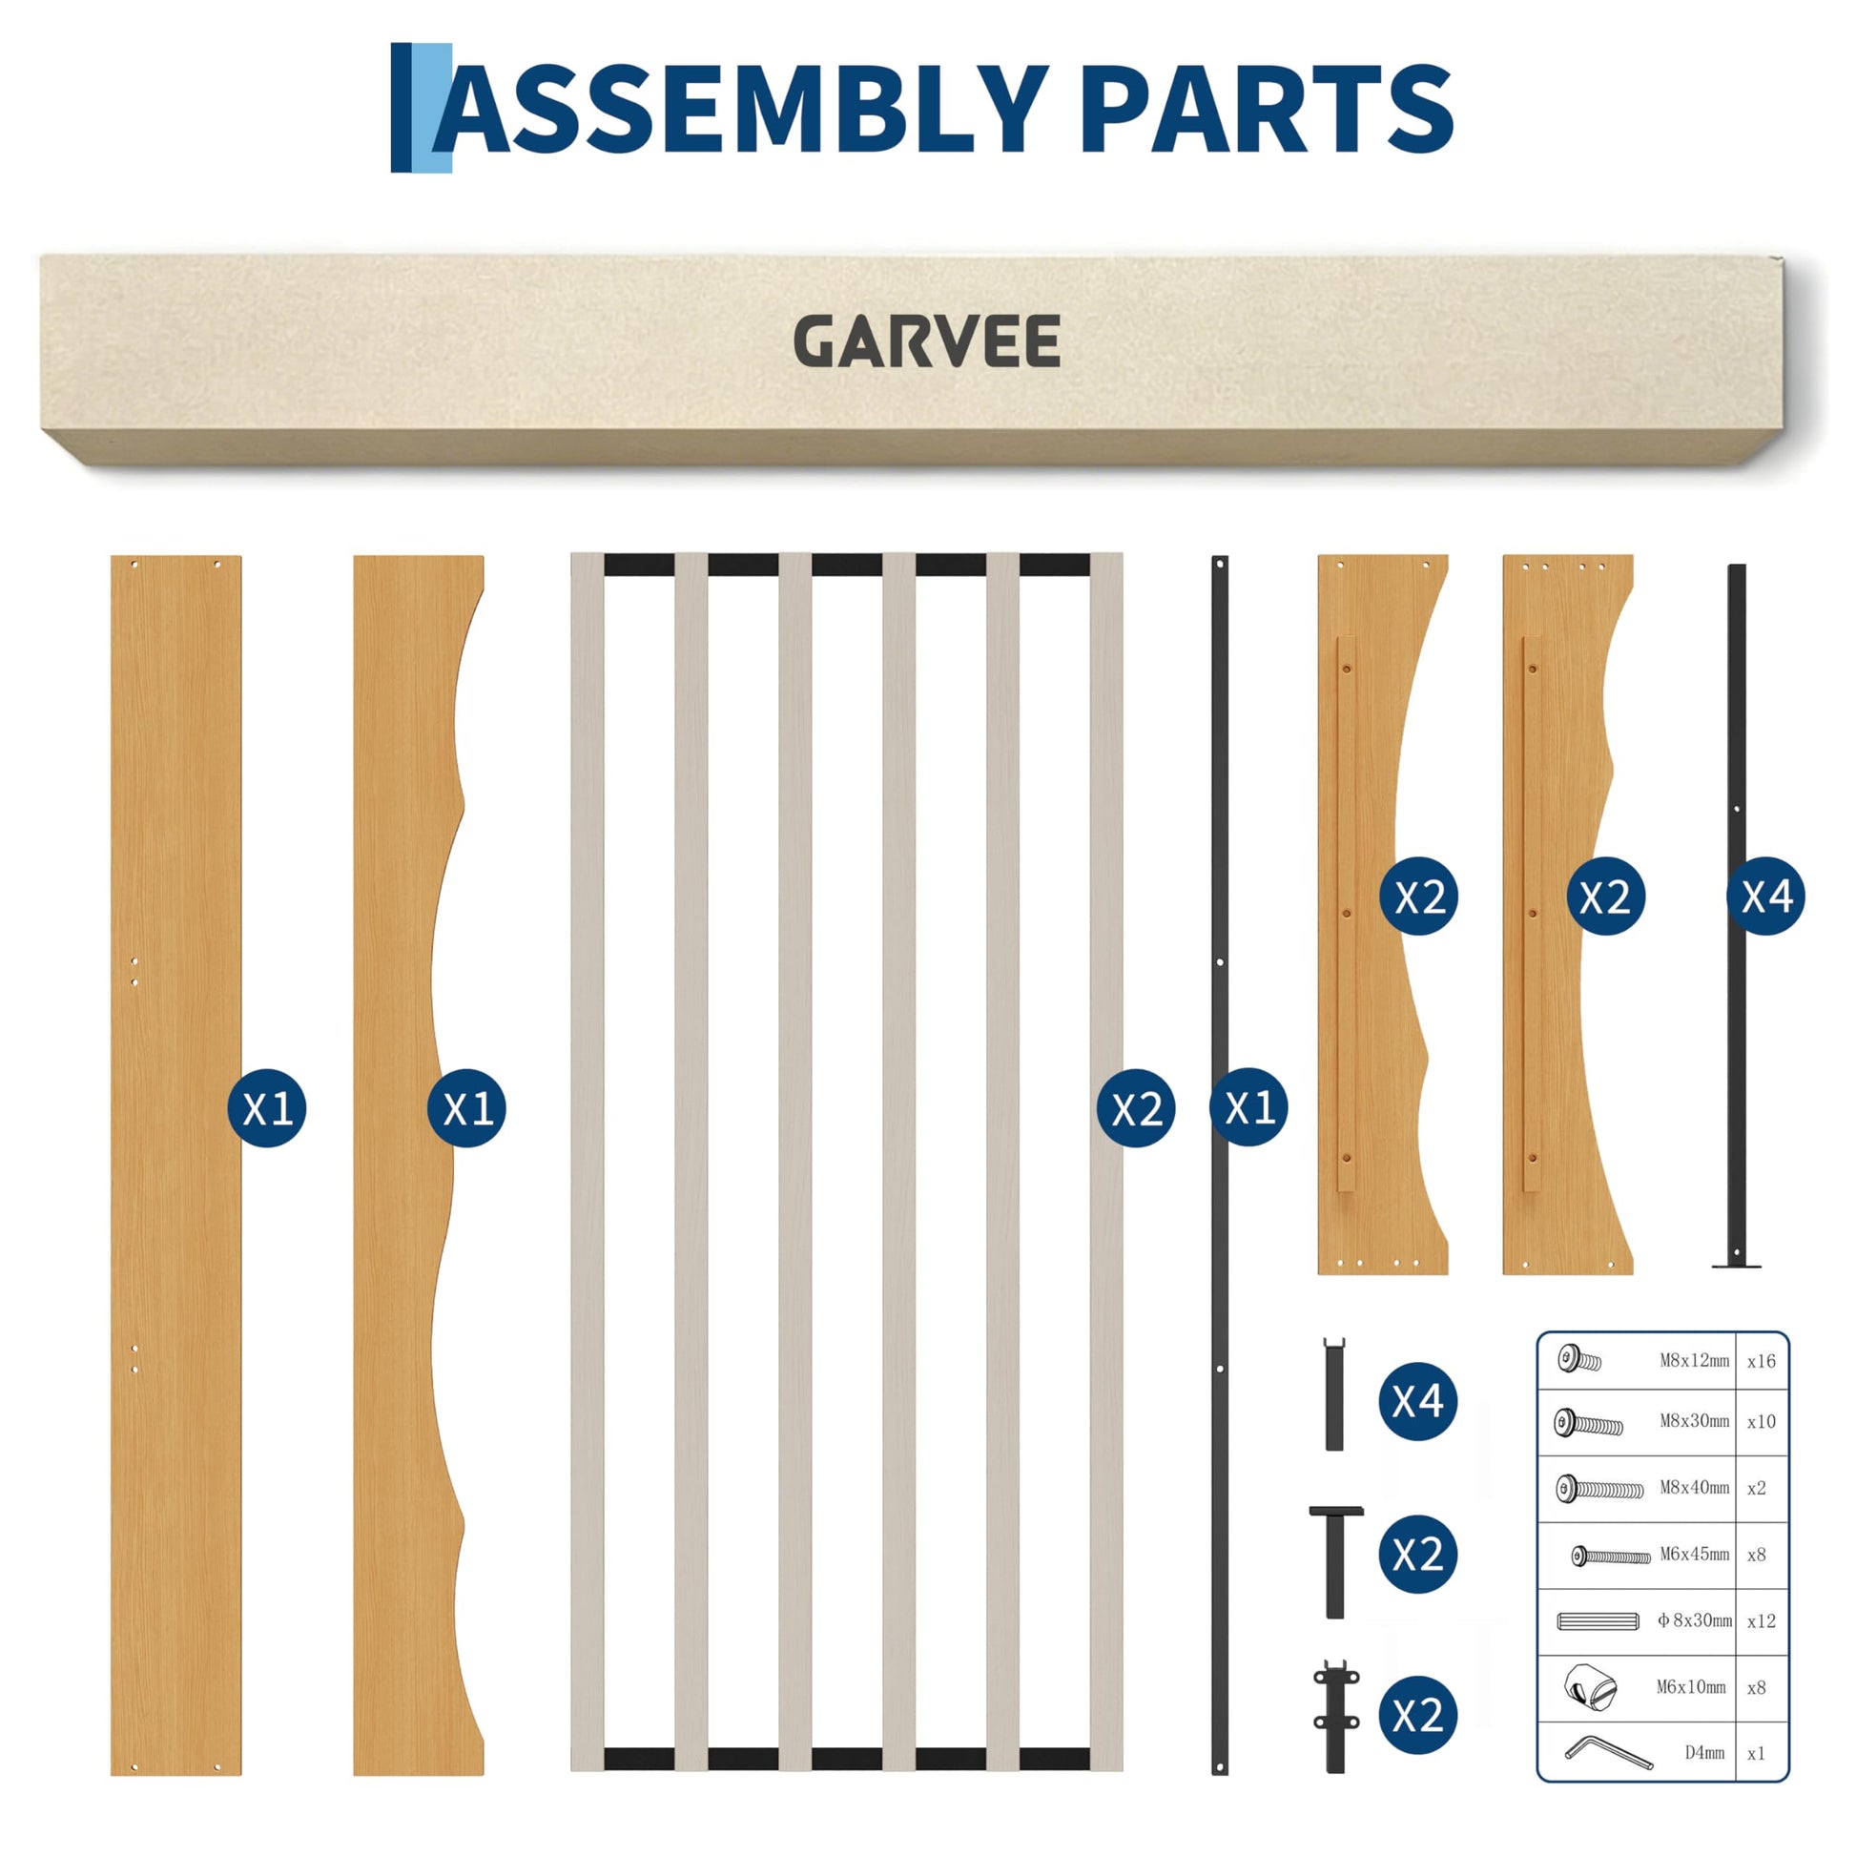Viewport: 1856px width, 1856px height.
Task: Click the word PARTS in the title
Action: point(1267,109)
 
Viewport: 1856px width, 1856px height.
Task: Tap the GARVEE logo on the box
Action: point(927,341)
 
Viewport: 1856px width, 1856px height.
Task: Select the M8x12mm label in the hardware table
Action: point(1695,1360)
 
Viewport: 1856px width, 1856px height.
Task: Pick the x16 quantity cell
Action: point(1761,1360)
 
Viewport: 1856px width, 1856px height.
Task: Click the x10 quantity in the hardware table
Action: point(1761,1422)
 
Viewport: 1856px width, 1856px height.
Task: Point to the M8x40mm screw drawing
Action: point(1599,1489)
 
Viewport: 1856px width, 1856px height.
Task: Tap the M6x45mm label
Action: point(1695,1555)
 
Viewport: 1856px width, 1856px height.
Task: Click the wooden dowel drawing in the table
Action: point(1598,1621)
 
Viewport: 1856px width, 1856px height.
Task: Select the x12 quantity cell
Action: point(1761,1621)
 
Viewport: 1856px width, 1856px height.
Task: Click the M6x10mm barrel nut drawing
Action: point(1590,1688)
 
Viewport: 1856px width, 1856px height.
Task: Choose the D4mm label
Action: point(1704,1753)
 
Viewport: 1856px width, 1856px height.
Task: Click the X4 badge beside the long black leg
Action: point(1765,897)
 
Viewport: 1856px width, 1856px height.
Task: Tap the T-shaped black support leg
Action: point(1335,1563)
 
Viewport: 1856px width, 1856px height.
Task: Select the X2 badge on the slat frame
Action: point(1137,1107)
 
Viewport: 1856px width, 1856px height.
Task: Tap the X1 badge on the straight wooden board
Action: point(267,1107)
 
